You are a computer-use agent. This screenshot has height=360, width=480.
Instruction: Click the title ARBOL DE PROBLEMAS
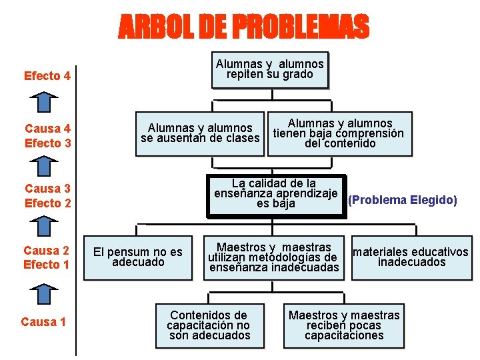pyautogui.click(x=243, y=27)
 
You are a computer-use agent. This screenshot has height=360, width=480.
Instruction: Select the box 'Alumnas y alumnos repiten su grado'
pyautogui.click(x=270, y=69)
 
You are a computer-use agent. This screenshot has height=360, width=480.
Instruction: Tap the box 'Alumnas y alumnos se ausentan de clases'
pyautogui.click(x=200, y=133)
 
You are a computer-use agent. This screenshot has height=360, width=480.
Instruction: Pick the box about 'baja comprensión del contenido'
pyautogui.click(x=340, y=133)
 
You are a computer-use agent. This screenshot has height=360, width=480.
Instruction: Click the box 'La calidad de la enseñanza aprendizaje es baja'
pyautogui.click(x=276, y=194)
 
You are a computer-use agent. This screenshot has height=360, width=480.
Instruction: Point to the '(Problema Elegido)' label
pyautogui.click(x=403, y=200)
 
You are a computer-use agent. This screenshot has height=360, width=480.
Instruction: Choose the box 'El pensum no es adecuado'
pyautogui.click(x=138, y=257)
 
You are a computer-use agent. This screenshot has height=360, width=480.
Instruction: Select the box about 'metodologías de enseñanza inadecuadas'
pyautogui.click(x=274, y=258)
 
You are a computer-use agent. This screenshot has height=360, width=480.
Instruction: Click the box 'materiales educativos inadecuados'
pyautogui.click(x=411, y=257)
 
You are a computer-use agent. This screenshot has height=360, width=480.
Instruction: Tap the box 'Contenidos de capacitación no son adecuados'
pyautogui.click(x=209, y=325)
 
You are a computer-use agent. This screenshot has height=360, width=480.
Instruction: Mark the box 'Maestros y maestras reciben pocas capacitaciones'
pyautogui.click(x=344, y=325)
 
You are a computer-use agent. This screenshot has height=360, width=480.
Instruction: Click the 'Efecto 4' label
pyautogui.click(x=47, y=76)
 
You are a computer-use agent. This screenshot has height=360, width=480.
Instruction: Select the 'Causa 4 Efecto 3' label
pyautogui.click(x=47, y=135)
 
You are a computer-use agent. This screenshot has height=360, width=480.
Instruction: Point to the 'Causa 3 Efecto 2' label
pyautogui.click(x=47, y=196)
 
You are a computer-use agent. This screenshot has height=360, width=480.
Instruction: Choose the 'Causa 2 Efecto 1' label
pyautogui.click(x=47, y=257)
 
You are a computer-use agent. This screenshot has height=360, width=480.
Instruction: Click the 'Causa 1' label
pyautogui.click(x=43, y=322)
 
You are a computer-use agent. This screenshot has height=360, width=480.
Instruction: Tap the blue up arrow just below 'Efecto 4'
pyautogui.click(x=43, y=103)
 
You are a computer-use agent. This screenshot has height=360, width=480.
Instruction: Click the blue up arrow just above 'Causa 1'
pyautogui.click(x=43, y=294)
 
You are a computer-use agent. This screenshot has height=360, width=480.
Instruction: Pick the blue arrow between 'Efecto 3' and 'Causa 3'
pyautogui.click(x=43, y=166)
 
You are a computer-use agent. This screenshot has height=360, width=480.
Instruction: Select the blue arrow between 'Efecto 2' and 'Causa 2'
pyautogui.click(x=43, y=227)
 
